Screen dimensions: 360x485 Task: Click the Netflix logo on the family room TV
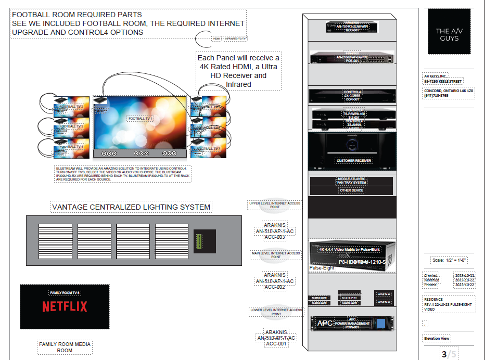tap(65, 306)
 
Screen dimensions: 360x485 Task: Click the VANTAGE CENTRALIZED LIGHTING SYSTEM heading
tap(131, 207)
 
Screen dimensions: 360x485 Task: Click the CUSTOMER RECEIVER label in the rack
tap(354, 161)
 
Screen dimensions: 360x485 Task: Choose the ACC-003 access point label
tap(275, 237)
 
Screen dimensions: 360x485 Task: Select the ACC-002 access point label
tap(275, 287)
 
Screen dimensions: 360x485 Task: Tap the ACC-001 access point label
tap(276, 344)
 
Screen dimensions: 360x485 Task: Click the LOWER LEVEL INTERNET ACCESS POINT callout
tap(276, 312)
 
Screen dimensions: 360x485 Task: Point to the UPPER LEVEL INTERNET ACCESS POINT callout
tap(275, 205)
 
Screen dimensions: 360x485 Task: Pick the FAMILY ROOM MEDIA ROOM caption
tap(65, 347)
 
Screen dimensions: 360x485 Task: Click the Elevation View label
tap(437, 339)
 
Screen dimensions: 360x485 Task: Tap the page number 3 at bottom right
tap(444, 355)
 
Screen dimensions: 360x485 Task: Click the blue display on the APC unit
tap(381, 323)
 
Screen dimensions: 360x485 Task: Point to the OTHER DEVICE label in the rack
tap(352, 190)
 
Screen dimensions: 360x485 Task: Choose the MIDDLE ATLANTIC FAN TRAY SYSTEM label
tap(352, 181)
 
